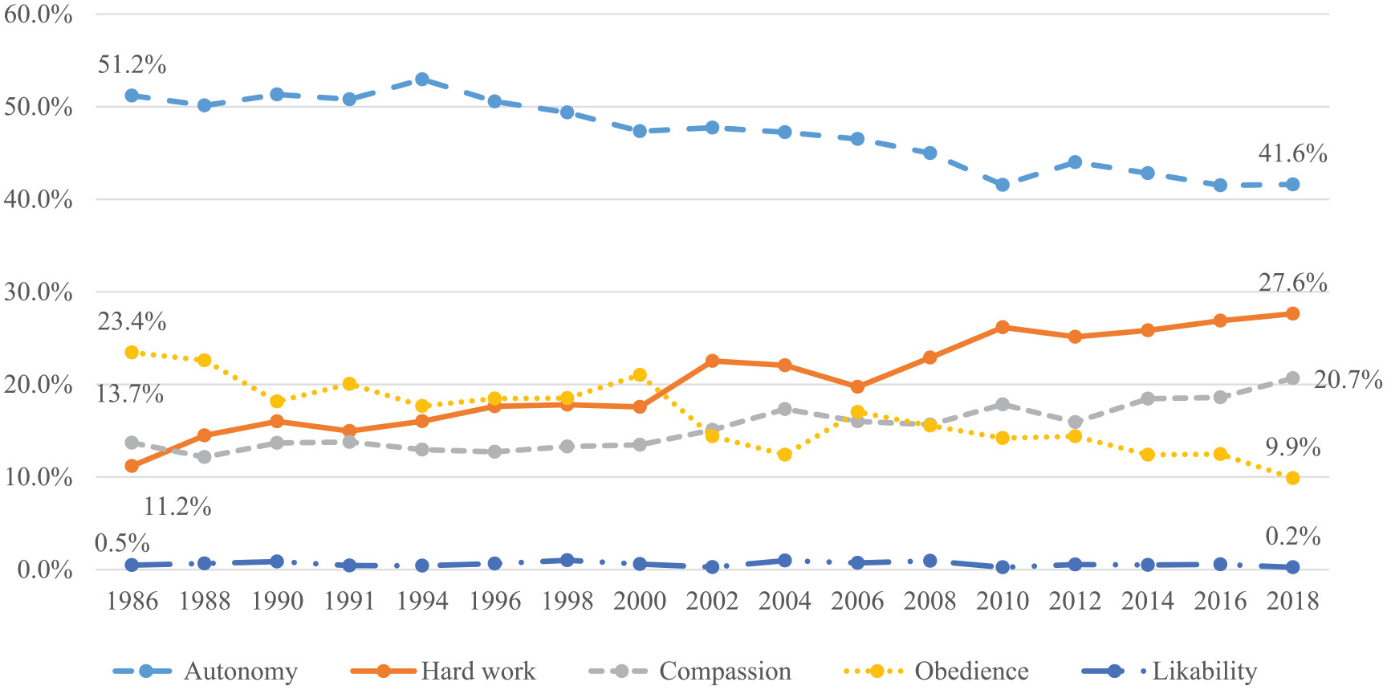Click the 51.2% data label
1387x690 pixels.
point(132,65)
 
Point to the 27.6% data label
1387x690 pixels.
point(1292,283)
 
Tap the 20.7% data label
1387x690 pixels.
point(1347,379)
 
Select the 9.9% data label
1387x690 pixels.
point(1292,447)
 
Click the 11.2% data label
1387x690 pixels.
point(177,507)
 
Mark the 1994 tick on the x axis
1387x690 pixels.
point(422,601)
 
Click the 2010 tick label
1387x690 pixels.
point(1002,601)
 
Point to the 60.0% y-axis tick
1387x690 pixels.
point(38,14)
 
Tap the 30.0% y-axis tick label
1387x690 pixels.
point(38,292)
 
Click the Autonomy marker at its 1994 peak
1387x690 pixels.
point(422,80)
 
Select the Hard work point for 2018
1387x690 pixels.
point(1292,313)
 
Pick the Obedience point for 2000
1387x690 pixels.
point(640,375)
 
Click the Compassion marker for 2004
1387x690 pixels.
point(785,409)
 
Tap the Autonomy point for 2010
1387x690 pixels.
point(1002,185)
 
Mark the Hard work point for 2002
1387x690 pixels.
point(712,361)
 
